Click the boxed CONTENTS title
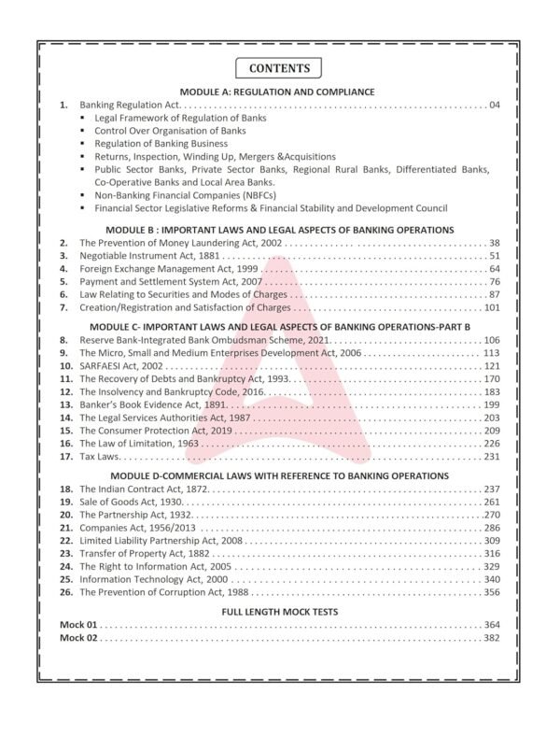[x=279, y=68]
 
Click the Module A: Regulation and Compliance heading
[x=280, y=92]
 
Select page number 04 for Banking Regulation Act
[x=495, y=106]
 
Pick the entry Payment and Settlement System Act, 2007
[x=175, y=281]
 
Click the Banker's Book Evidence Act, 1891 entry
[x=153, y=405]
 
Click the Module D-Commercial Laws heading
[x=280, y=475]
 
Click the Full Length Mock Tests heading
[x=280, y=610]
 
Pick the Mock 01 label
[x=78, y=624]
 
